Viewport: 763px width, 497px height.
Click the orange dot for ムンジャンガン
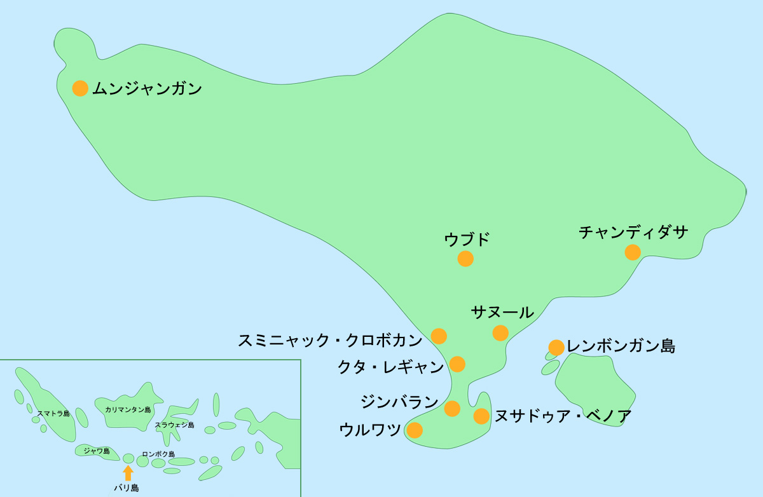tap(80, 88)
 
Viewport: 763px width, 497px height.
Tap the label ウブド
tap(467, 240)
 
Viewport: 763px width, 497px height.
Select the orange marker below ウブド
tap(465, 259)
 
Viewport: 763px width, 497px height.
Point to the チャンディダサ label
tap(633, 233)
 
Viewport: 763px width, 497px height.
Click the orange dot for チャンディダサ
tap(633, 252)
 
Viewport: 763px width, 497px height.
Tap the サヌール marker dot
tap(500, 332)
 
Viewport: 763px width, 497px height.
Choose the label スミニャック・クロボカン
tap(330, 341)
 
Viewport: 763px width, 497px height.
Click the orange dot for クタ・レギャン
tap(457, 364)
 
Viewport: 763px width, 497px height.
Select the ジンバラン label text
tap(399, 402)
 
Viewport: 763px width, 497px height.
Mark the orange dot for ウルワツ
tap(415, 430)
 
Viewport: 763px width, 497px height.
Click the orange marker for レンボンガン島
tap(556, 347)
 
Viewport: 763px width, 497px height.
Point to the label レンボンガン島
tap(621, 347)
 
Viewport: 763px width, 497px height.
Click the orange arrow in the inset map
tap(128, 472)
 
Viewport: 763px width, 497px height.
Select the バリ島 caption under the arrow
tap(127, 488)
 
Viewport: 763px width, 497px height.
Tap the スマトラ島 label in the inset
tap(53, 414)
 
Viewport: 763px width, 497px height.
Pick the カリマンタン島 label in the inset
tap(128, 410)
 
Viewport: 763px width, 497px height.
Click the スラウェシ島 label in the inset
tap(175, 425)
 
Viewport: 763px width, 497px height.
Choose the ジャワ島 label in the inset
tap(97, 451)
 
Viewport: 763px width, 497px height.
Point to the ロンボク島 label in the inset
tap(158, 454)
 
